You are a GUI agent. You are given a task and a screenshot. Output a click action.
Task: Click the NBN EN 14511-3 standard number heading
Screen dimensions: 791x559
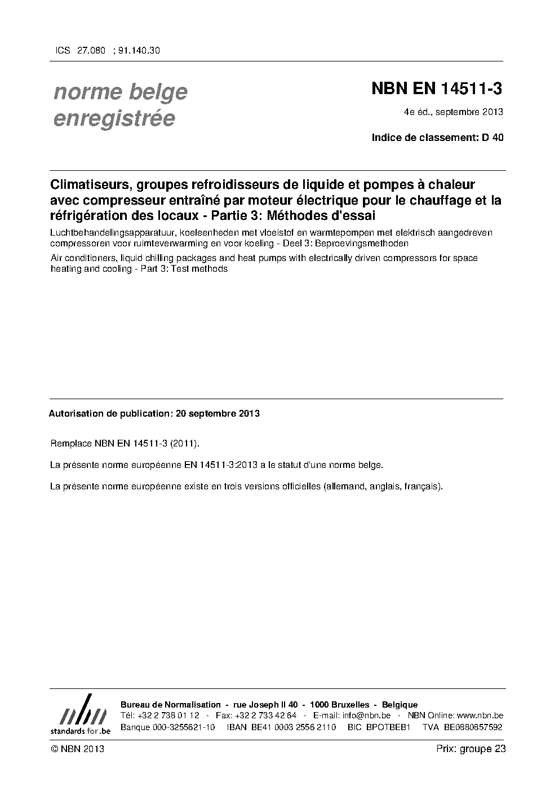click(x=436, y=89)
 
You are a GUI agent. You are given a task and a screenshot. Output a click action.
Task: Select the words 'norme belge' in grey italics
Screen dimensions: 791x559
click(x=120, y=92)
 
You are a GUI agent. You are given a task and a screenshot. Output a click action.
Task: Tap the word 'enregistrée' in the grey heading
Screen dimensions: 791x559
click(x=114, y=119)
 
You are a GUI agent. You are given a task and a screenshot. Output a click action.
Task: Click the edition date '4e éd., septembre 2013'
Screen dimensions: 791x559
click(x=453, y=112)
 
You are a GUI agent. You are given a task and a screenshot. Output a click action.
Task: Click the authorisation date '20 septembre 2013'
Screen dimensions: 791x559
click(x=218, y=413)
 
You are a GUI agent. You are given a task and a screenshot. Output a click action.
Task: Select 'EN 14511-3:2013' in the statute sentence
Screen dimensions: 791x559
click(x=218, y=465)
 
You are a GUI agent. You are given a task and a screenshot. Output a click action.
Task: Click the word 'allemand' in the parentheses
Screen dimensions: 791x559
click(x=344, y=486)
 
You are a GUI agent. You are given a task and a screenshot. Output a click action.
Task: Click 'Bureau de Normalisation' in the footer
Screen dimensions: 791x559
click(x=171, y=705)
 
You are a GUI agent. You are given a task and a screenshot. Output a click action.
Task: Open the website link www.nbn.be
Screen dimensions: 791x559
click(x=479, y=715)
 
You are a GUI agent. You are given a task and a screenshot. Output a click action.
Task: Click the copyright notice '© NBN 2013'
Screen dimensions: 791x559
click(x=77, y=749)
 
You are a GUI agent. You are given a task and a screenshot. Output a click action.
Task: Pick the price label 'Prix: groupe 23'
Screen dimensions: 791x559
click(x=471, y=749)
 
